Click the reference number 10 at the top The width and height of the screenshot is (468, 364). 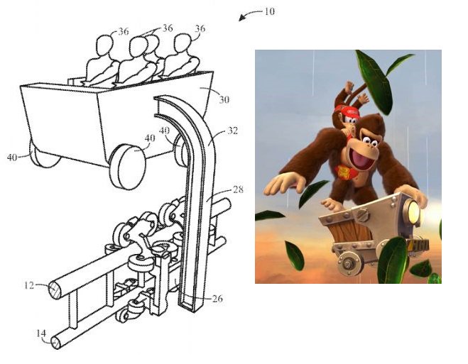(269, 11)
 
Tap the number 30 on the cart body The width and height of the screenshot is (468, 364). (224, 99)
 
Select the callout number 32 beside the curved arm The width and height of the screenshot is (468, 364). (233, 131)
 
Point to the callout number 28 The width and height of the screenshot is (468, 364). (238, 189)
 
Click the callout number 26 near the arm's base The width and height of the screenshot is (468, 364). (217, 299)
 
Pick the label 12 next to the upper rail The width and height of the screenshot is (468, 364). (29, 285)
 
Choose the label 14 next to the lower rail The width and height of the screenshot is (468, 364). (41, 333)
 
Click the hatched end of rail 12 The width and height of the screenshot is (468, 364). (55, 291)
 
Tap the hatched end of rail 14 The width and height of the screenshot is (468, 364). (55, 343)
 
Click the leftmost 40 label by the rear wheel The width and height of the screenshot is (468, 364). (12, 157)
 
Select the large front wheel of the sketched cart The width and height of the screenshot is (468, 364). (128, 167)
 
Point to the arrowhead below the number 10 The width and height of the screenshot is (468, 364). (242, 18)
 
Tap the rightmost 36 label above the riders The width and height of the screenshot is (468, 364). (200, 28)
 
